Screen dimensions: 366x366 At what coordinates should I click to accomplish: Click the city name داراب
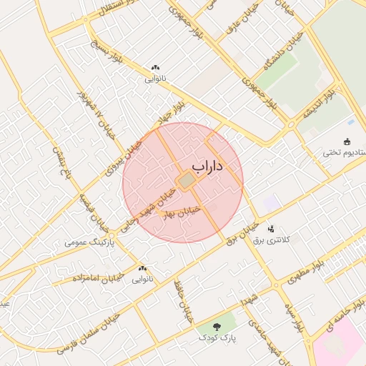coord(208,166)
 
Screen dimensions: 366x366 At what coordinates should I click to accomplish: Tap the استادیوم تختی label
coord(342,152)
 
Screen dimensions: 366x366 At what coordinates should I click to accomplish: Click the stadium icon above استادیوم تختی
coord(347,140)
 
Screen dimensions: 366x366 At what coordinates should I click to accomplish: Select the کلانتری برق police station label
coord(272,240)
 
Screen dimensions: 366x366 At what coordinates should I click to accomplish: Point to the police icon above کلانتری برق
coord(271,229)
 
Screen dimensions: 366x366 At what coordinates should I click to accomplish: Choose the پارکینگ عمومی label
coord(84,242)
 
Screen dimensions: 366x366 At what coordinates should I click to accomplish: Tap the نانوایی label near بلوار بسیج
coord(156,79)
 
